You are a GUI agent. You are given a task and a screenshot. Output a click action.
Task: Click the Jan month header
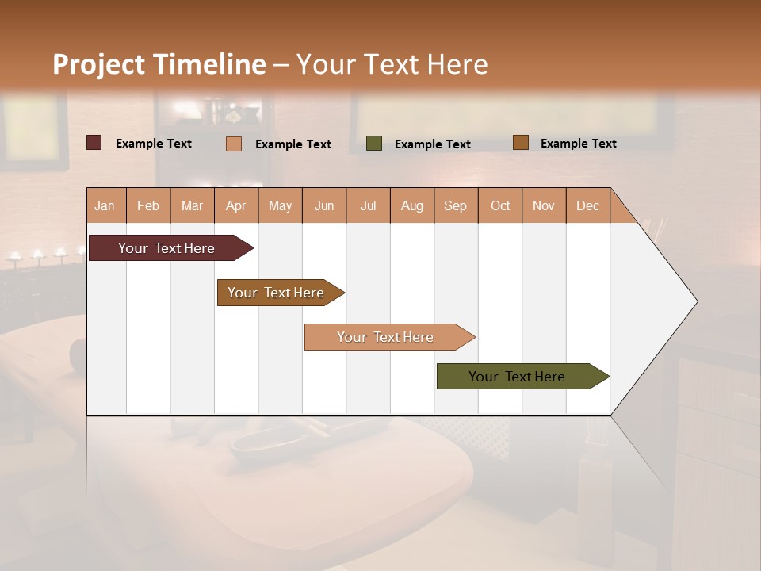[105, 205]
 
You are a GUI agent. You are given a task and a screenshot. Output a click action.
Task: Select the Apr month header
[236, 205]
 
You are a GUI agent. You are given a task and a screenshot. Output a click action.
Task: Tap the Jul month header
[368, 205]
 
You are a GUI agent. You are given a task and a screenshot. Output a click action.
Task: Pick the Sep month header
[455, 205]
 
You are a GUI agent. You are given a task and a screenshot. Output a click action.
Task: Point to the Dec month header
[587, 205]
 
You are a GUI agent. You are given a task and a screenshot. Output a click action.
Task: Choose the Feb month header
[148, 205]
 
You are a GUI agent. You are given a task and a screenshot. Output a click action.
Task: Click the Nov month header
[543, 205]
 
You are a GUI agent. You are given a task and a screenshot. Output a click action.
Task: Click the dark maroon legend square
[94, 143]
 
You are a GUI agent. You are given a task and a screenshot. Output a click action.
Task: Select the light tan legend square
[234, 144]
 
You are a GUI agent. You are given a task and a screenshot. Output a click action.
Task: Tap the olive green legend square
[374, 144]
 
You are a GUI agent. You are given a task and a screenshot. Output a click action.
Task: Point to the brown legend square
[520, 143]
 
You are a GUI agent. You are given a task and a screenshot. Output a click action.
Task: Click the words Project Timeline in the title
[159, 64]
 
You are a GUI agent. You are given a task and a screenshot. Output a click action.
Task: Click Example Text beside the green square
[432, 144]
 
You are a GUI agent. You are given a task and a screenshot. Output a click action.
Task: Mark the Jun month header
[324, 205]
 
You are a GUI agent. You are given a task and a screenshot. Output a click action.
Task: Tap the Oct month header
[500, 205]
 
